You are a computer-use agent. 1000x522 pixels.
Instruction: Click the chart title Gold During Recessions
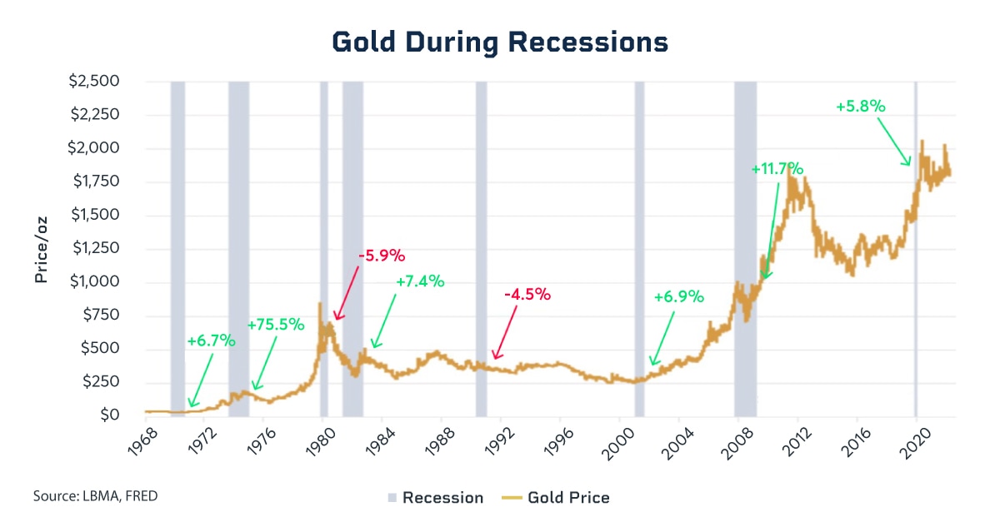coord(500,42)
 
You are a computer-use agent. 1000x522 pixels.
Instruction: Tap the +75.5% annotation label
coord(276,325)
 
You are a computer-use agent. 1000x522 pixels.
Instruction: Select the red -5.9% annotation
coord(381,256)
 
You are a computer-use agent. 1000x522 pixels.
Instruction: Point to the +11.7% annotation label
coord(777,169)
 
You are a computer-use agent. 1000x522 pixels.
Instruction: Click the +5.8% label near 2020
coord(860,107)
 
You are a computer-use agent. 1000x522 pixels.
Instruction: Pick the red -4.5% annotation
coord(527,295)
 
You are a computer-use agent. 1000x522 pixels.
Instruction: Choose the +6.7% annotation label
coord(212,341)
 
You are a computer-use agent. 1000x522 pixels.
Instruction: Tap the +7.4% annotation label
coord(420,281)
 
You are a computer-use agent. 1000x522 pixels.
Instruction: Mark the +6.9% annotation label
coord(679,296)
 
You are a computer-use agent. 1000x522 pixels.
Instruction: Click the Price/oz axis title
coord(41,249)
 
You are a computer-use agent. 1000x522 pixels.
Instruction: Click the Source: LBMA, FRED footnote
coord(95,496)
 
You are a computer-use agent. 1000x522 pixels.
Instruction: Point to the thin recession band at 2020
coord(915,250)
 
